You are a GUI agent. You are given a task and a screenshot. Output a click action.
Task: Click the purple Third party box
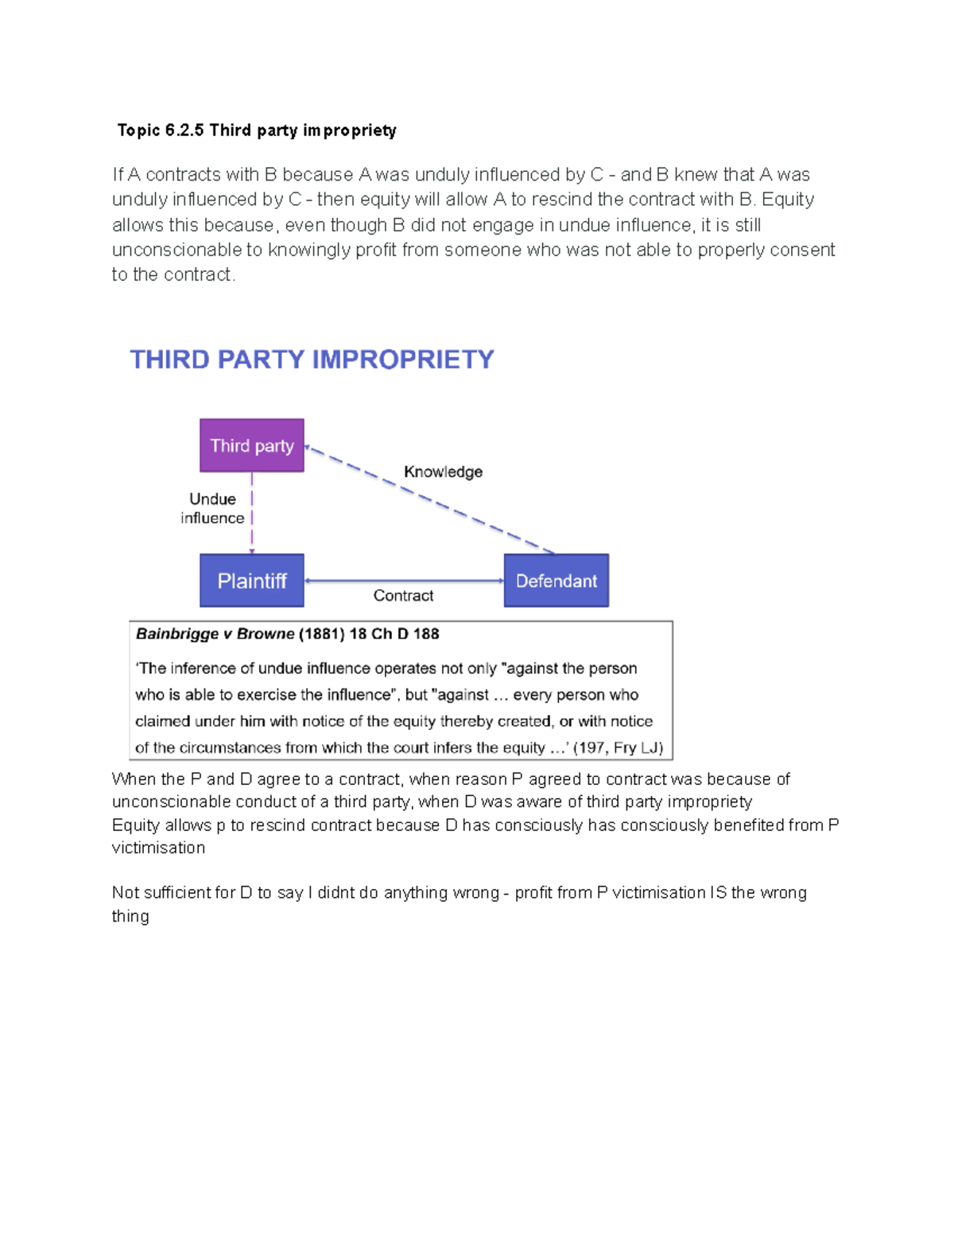(x=251, y=445)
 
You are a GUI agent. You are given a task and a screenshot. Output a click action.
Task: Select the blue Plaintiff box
(x=251, y=581)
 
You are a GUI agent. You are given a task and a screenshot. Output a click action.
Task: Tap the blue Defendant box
(x=556, y=581)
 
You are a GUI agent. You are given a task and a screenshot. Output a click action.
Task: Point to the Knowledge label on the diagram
(x=443, y=472)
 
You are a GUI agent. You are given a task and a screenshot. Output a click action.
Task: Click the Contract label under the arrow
(x=403, y=596)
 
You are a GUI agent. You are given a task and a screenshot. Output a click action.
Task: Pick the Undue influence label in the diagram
(x=212, y=508)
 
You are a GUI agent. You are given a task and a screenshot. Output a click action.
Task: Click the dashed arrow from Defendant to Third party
(x=429, y=499)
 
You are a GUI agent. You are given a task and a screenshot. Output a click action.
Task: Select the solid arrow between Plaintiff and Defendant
(x=404, y=581)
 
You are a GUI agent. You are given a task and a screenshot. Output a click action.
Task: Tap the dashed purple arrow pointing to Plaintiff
(x=252, y=513)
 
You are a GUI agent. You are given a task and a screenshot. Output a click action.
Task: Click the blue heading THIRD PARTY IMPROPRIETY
(x=312, y=359)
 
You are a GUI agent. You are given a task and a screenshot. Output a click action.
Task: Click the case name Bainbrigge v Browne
(x=215, y=634)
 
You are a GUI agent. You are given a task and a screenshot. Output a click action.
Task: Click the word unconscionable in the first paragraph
(x=176, y=250)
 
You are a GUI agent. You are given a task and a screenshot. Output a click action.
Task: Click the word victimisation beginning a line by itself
(x=158, y=848)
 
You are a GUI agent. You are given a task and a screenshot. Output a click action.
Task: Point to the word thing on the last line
(x=130, y=916)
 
